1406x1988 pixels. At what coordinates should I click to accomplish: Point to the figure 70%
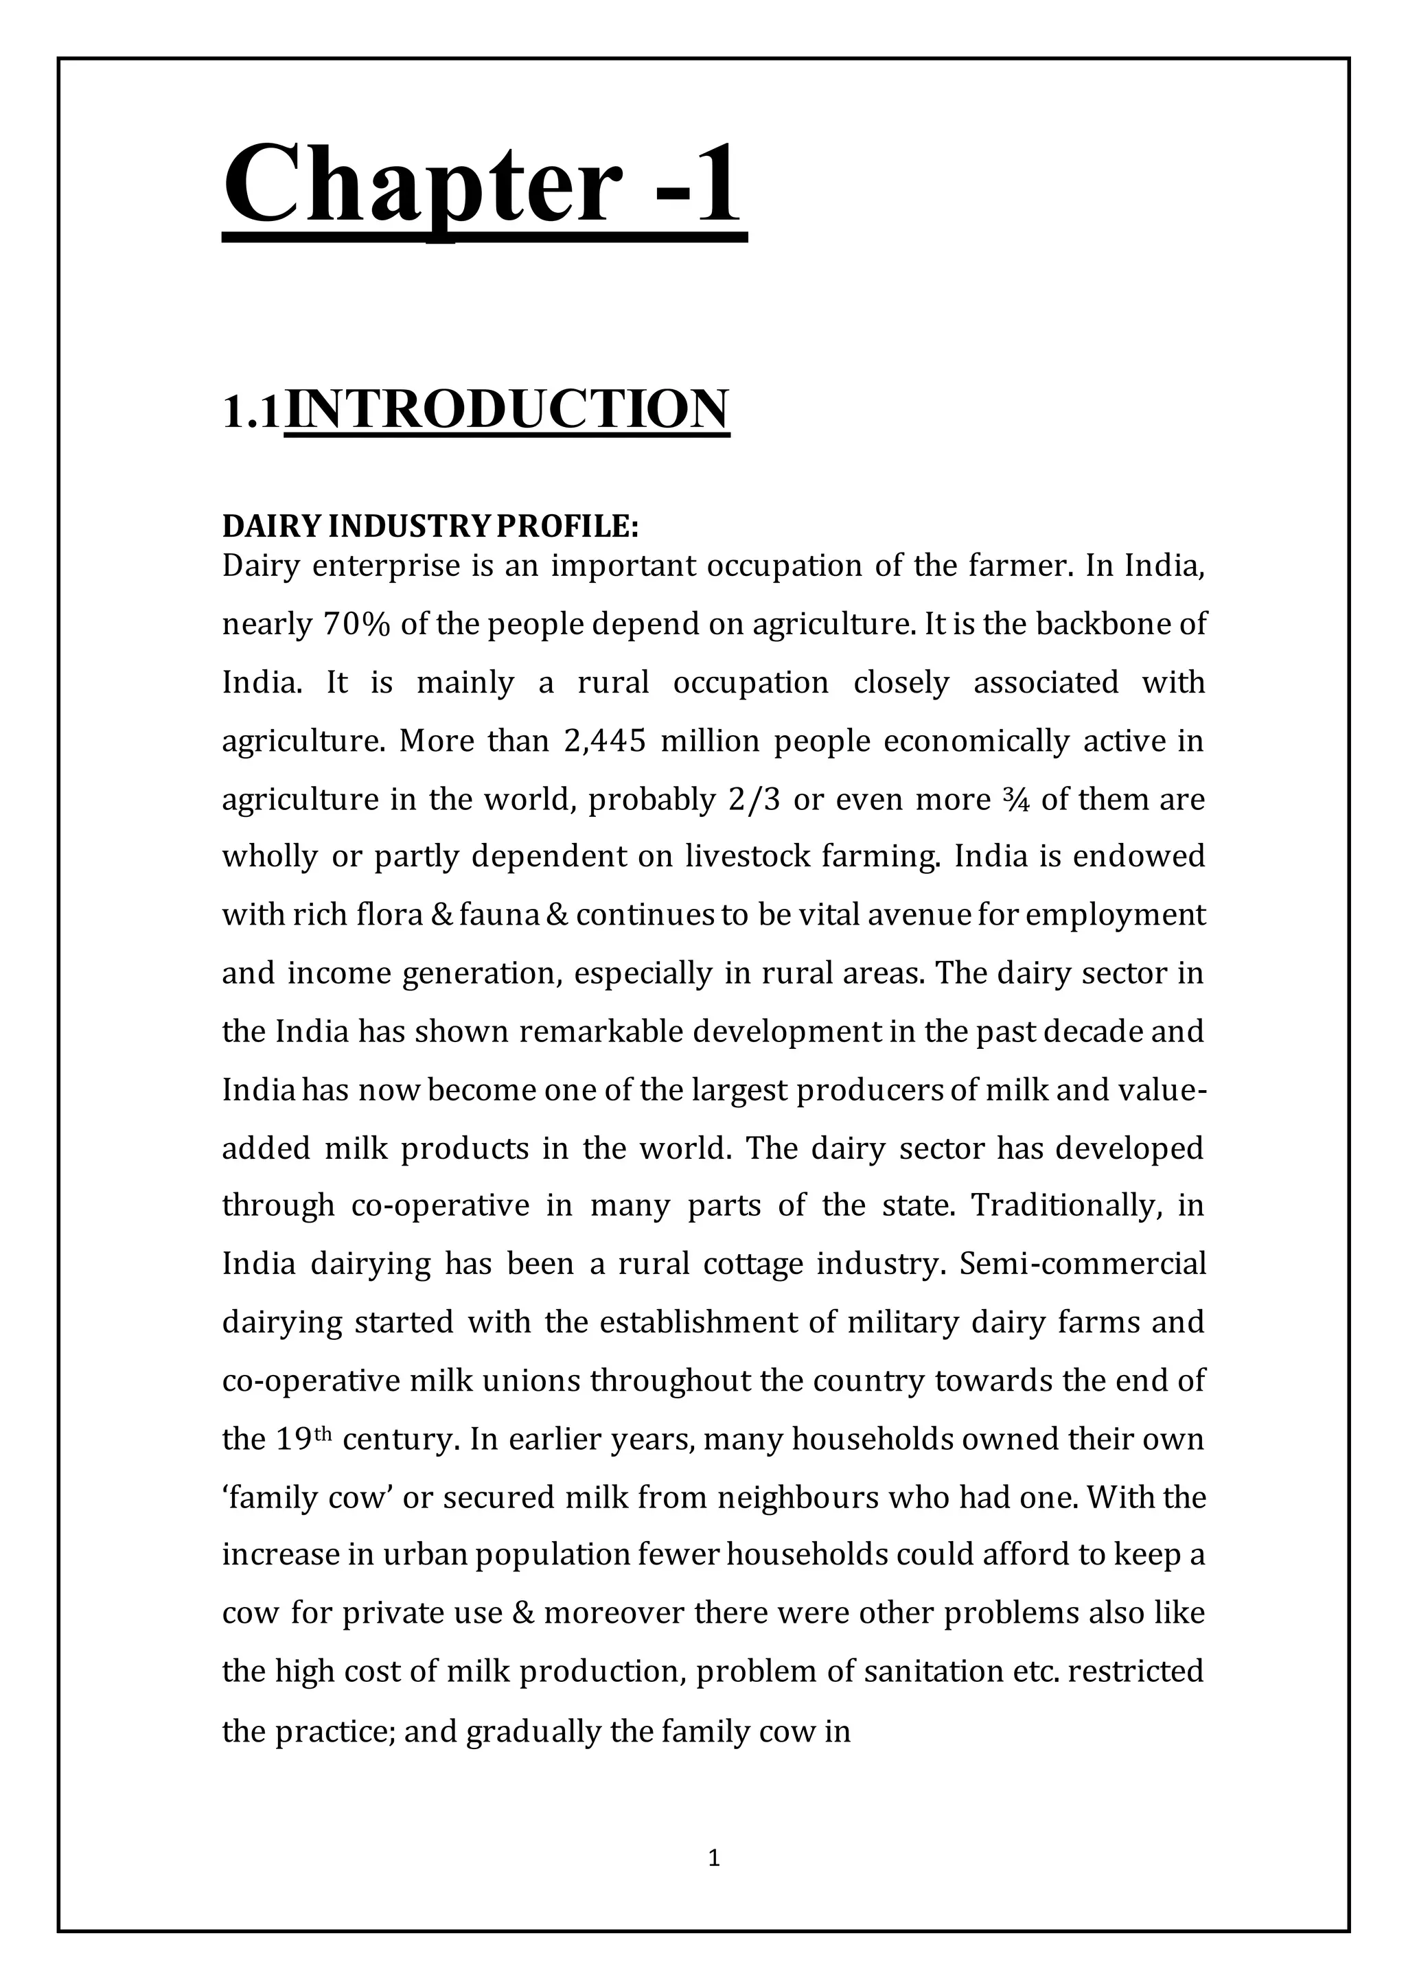coord(357,624)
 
